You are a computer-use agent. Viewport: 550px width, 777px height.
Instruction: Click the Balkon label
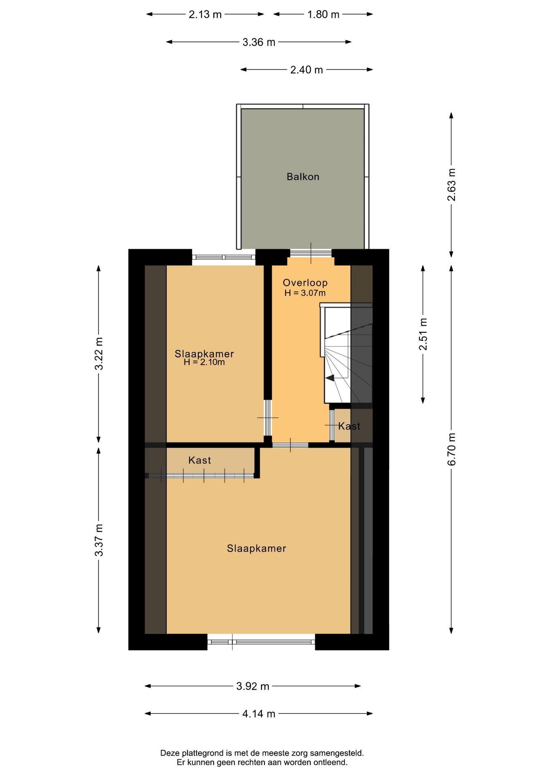(303, 176)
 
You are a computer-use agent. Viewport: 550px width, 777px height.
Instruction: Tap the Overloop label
(305, 283)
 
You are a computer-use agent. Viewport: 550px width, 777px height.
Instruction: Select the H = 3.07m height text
(305, 293)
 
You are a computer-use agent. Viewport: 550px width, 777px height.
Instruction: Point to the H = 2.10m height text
(204, 362)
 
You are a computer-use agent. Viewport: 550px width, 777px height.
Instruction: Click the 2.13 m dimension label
(205, 15)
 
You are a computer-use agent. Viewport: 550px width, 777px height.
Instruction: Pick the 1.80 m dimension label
(323, 15)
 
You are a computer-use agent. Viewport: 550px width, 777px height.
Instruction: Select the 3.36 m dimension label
(259, 42)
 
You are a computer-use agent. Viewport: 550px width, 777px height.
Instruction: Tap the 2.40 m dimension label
(307, 70)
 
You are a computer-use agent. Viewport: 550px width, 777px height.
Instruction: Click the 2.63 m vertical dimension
(452, 185)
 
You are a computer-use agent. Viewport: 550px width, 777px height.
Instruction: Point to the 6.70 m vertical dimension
(452, 449)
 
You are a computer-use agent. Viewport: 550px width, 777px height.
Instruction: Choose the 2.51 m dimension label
(423, 334)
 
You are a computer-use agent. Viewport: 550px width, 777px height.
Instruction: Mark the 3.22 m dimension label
(99, 354)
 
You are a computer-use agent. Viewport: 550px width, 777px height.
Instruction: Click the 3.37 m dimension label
(99, 540)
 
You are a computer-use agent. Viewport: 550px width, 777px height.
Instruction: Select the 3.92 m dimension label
(253, 686)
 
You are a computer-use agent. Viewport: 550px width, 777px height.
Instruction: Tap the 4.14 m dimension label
(259, 714)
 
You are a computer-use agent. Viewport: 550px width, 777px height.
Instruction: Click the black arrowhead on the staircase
(330, 378)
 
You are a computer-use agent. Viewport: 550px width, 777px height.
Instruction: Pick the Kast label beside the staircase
(349, 426)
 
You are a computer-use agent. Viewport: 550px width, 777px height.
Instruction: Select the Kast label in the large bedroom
(200, 460)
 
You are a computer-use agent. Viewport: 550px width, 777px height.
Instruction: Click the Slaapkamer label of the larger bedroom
(256, 548)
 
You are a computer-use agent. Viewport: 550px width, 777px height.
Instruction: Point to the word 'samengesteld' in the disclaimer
(337, 753)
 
